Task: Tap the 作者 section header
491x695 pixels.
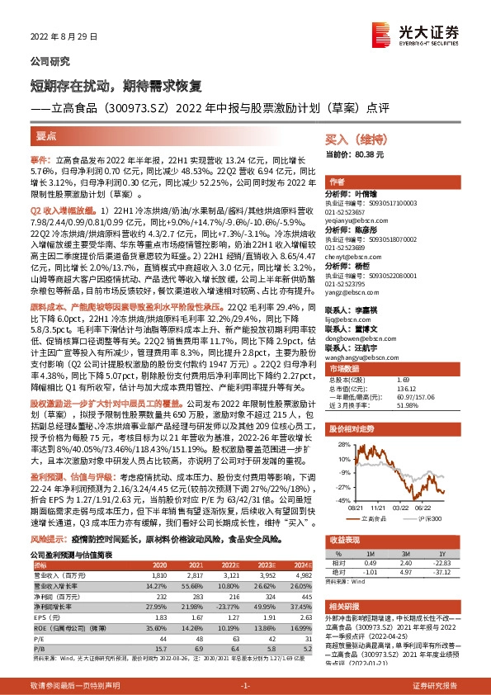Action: pyautogui.click(x=337, y=181)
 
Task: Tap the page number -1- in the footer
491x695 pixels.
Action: pyautogui.click(x=245, y=686)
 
